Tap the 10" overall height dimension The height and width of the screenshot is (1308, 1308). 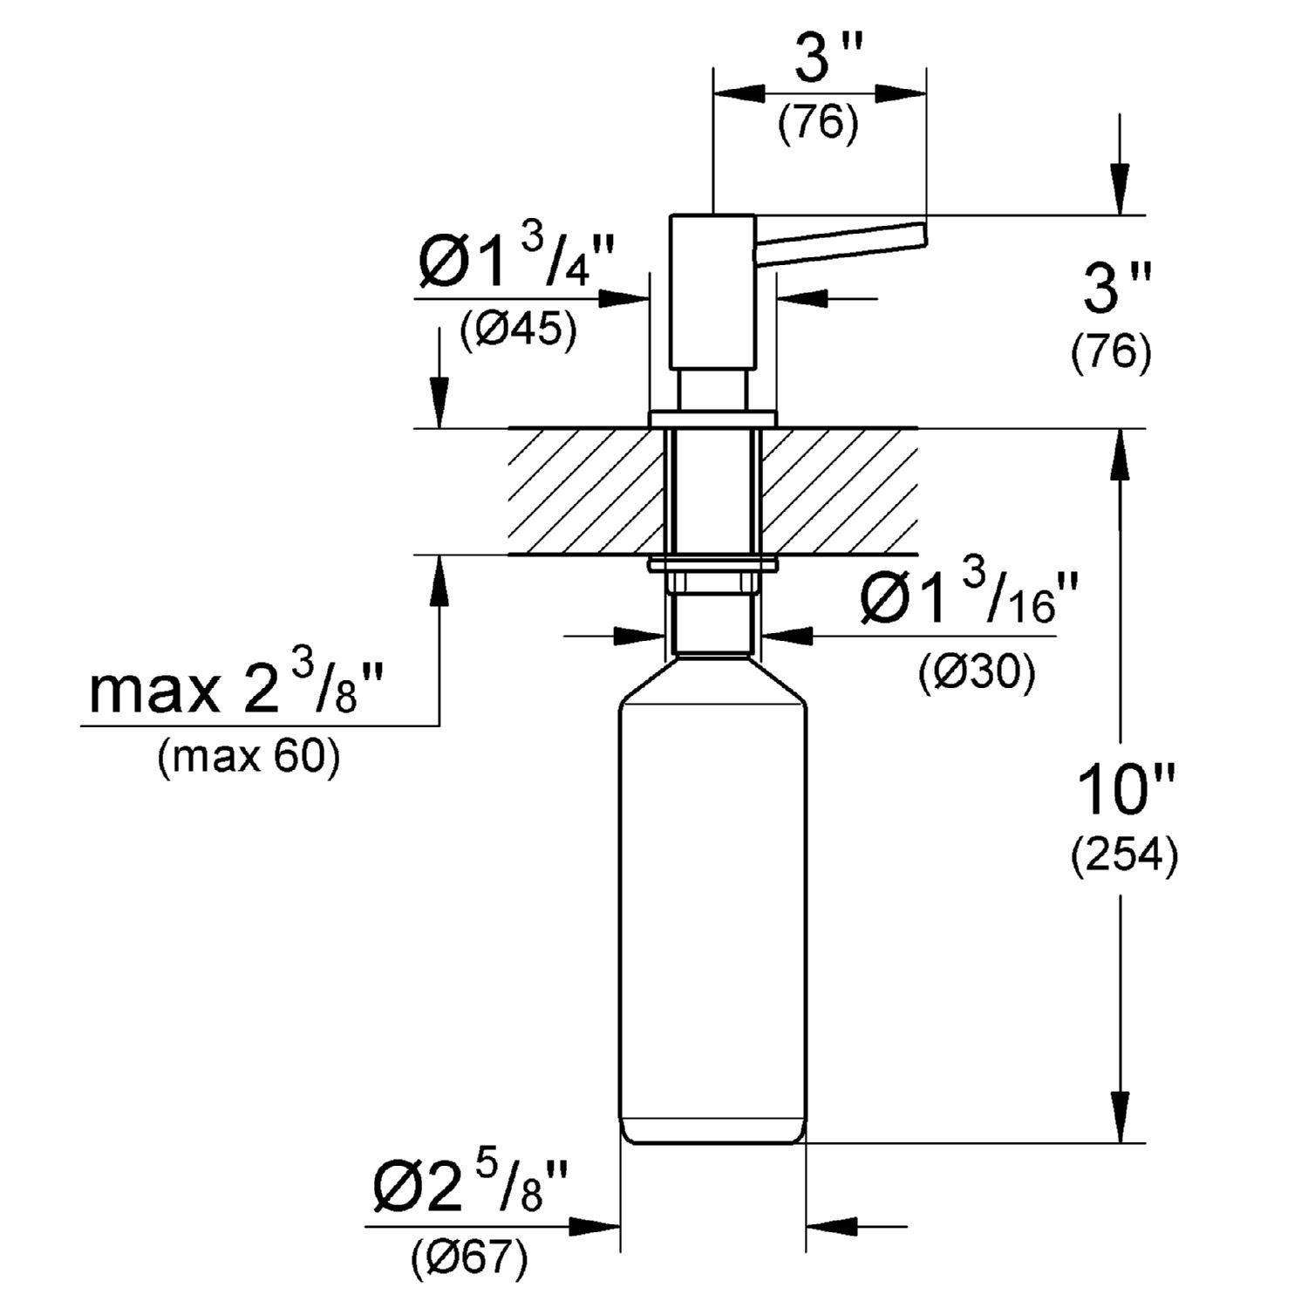pyautogui.click(x=1126, y=789)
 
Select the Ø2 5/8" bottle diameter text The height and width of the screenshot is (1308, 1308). pyautogui.click(x=470, y=1189)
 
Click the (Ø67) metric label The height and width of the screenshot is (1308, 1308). pyautogui.click(x=469, y=1257)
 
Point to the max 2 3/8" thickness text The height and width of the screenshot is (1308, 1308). pyautogui.click(x=235, y=689)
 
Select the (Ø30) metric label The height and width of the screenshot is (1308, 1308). pyautogui.click(x=976, y=672)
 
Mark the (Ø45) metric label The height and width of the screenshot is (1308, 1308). pyautogui.click(x=518, y=330)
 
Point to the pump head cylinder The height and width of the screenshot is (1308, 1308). pyautogui.click(x=713, y=292)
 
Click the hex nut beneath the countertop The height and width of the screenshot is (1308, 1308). pyautogui.click(x=712, y=582)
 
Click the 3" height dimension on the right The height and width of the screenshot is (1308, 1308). pyautogui.click(x=1117, y=289)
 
